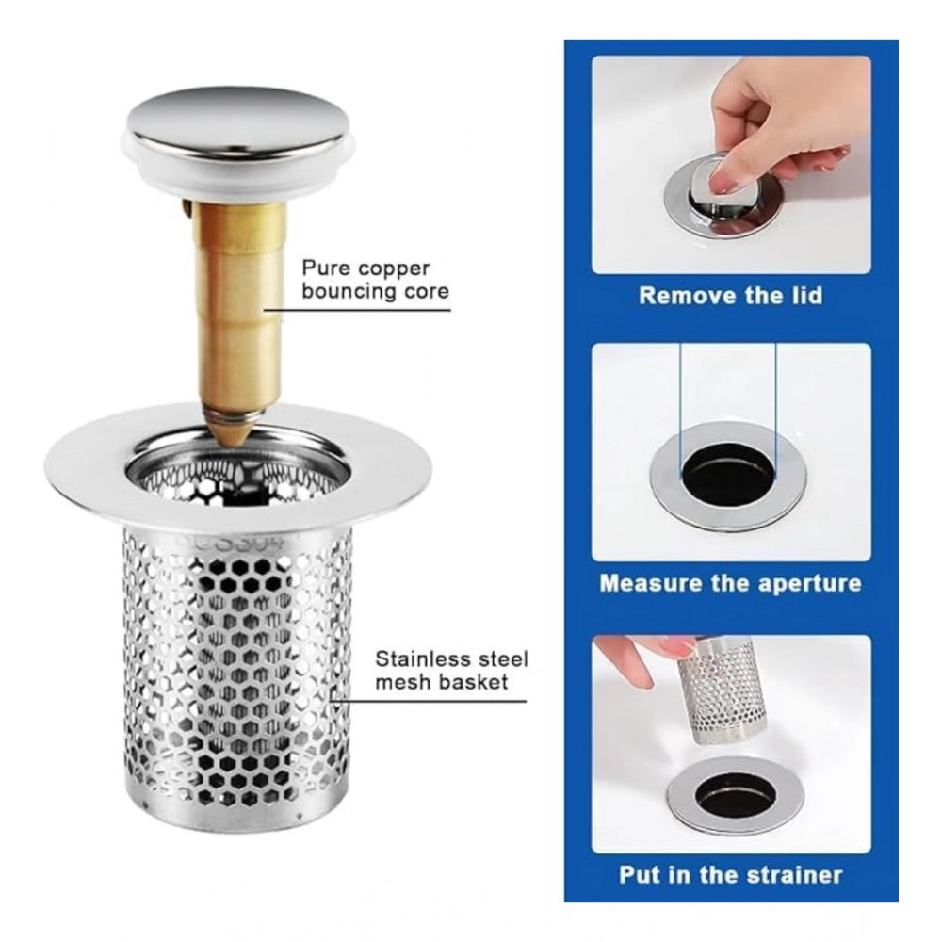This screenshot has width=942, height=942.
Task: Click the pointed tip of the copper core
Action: [x=236, y=444]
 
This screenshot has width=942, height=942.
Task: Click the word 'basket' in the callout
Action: [x=475, y=682]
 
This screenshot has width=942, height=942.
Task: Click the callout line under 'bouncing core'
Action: [x=357, y=310]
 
